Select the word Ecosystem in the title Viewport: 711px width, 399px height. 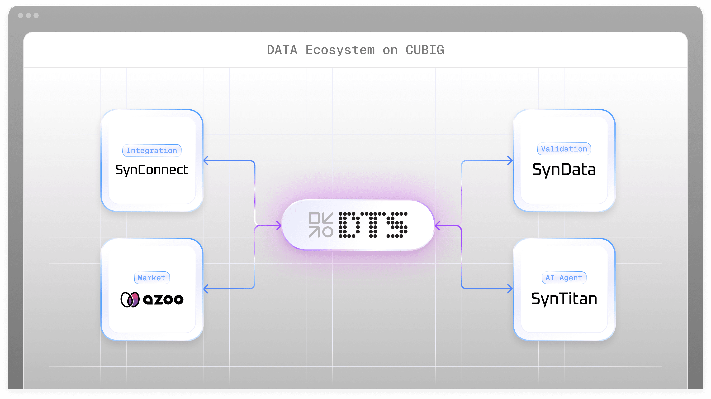point(340,50)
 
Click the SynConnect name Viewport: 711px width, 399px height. point(152,170)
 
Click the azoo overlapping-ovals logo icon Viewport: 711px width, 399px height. point(130,300)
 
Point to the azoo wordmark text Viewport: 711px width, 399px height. point(163,300)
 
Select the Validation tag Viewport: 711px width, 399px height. point(564,149)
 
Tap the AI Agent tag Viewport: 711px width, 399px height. point(564,278)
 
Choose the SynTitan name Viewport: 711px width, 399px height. point(564,299)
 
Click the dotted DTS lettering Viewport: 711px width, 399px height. point(373,225)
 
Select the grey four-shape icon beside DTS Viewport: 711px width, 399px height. point(321,225)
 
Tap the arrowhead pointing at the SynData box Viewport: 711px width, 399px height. point(510,161)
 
